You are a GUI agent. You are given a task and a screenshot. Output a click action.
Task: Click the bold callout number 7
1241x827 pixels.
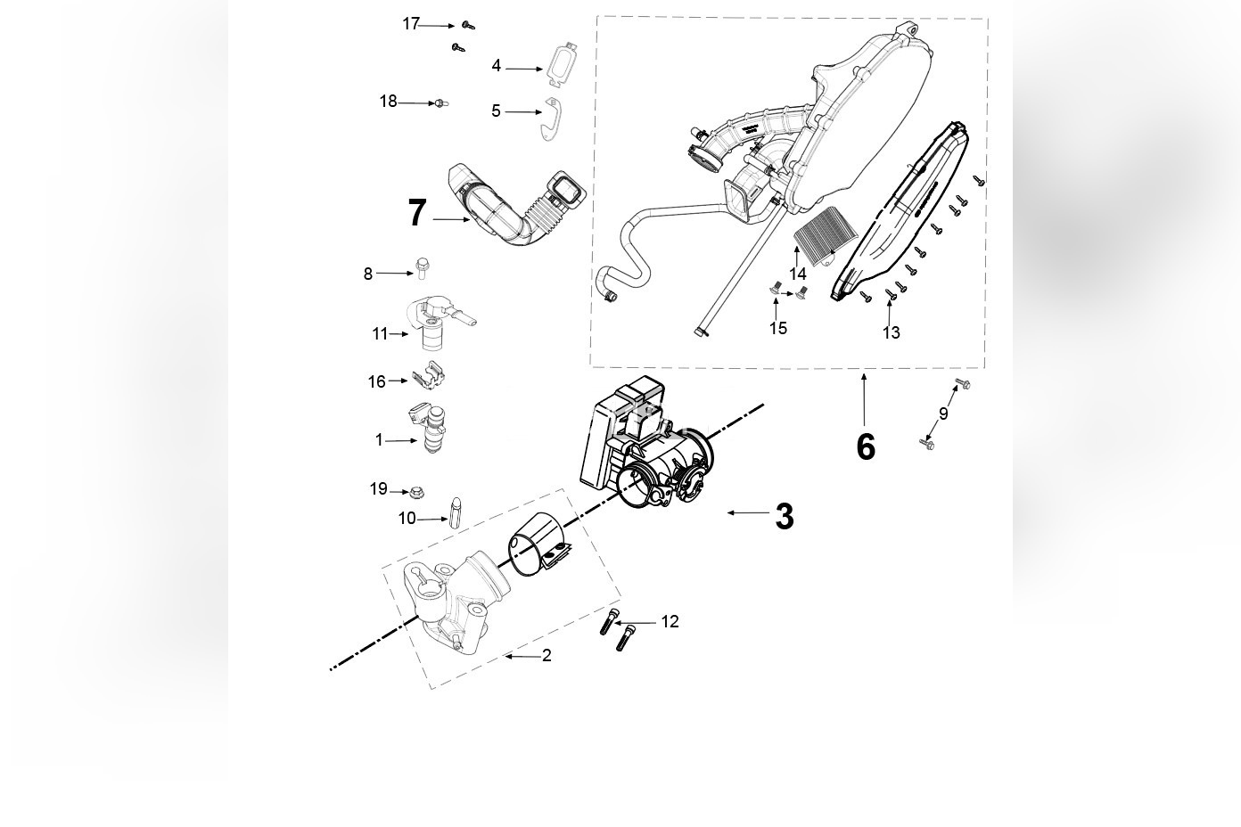(x=417, y=214)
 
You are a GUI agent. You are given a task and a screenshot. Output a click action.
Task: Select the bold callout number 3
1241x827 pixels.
(x=784, y=517)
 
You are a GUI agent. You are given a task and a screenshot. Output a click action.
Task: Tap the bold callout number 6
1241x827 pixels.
(x=865, y=447)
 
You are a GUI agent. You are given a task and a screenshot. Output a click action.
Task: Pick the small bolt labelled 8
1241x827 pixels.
(x=423, y=266)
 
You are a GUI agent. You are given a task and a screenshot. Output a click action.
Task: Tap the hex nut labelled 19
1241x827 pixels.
(x=415, y=492)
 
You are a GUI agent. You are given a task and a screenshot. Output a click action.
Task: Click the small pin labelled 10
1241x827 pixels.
(x=456, y=512)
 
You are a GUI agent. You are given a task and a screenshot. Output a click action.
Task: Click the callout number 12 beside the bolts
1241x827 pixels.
(x=670, y=622)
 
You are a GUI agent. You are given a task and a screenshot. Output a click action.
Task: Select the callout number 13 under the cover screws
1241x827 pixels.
(x=891, y=333)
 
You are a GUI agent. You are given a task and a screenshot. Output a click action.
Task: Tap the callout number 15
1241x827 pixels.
(x=778, y=329)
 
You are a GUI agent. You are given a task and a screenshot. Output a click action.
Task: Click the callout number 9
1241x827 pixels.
(x=943, y=413)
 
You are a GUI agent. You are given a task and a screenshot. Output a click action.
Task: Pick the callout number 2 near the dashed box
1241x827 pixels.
(x=547, y=656)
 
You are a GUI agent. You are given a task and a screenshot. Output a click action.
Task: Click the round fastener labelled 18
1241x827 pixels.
(x=440, y=104)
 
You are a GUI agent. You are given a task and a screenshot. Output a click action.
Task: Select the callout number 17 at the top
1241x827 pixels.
(x=410, y=24)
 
